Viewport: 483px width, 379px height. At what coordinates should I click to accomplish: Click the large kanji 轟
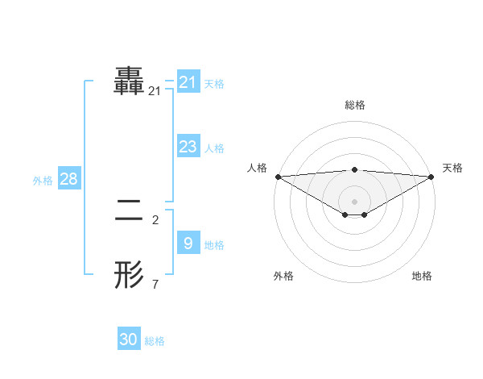coord(130,81)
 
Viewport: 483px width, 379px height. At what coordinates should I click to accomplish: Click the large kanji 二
coord(130,211)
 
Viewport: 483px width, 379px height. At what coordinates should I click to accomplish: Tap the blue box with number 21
coord(188,81)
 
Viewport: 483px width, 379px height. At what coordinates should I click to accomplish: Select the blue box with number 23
coord(188,146)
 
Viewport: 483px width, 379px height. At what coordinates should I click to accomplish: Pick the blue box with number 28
coord(68,178)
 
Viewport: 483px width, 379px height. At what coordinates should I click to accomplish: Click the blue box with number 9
coord(188,243)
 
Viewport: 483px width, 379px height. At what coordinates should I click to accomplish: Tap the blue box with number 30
coord(129,339)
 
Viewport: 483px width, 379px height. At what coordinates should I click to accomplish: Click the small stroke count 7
coord(155,284)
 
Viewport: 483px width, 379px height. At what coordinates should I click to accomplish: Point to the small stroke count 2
coord(155,219)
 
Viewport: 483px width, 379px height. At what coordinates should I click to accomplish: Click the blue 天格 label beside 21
coord(214,83)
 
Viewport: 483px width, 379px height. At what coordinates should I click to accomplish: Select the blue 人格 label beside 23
coord(214,148)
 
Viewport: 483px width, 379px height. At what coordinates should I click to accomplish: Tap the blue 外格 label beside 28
coord(43,181)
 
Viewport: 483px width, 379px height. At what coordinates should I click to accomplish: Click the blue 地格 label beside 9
coord(214,245)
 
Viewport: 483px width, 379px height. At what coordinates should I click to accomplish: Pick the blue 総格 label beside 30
coord(155,342)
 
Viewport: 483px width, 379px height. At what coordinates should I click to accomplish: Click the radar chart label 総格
coord(355,105)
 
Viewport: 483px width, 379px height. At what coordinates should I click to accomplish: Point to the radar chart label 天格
coord(453,168)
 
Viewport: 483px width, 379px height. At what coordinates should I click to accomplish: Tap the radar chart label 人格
coord(257,168)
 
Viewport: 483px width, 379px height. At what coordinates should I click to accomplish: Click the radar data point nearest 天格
coord(432,176)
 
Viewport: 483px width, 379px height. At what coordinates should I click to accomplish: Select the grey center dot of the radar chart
coord(355,201)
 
